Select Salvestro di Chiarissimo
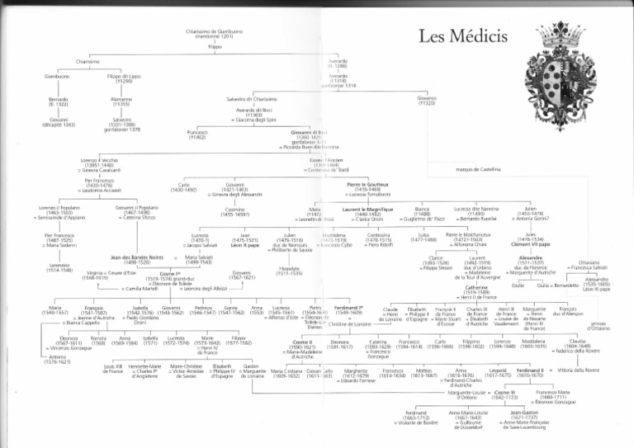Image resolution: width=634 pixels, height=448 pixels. tap(250, 99)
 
